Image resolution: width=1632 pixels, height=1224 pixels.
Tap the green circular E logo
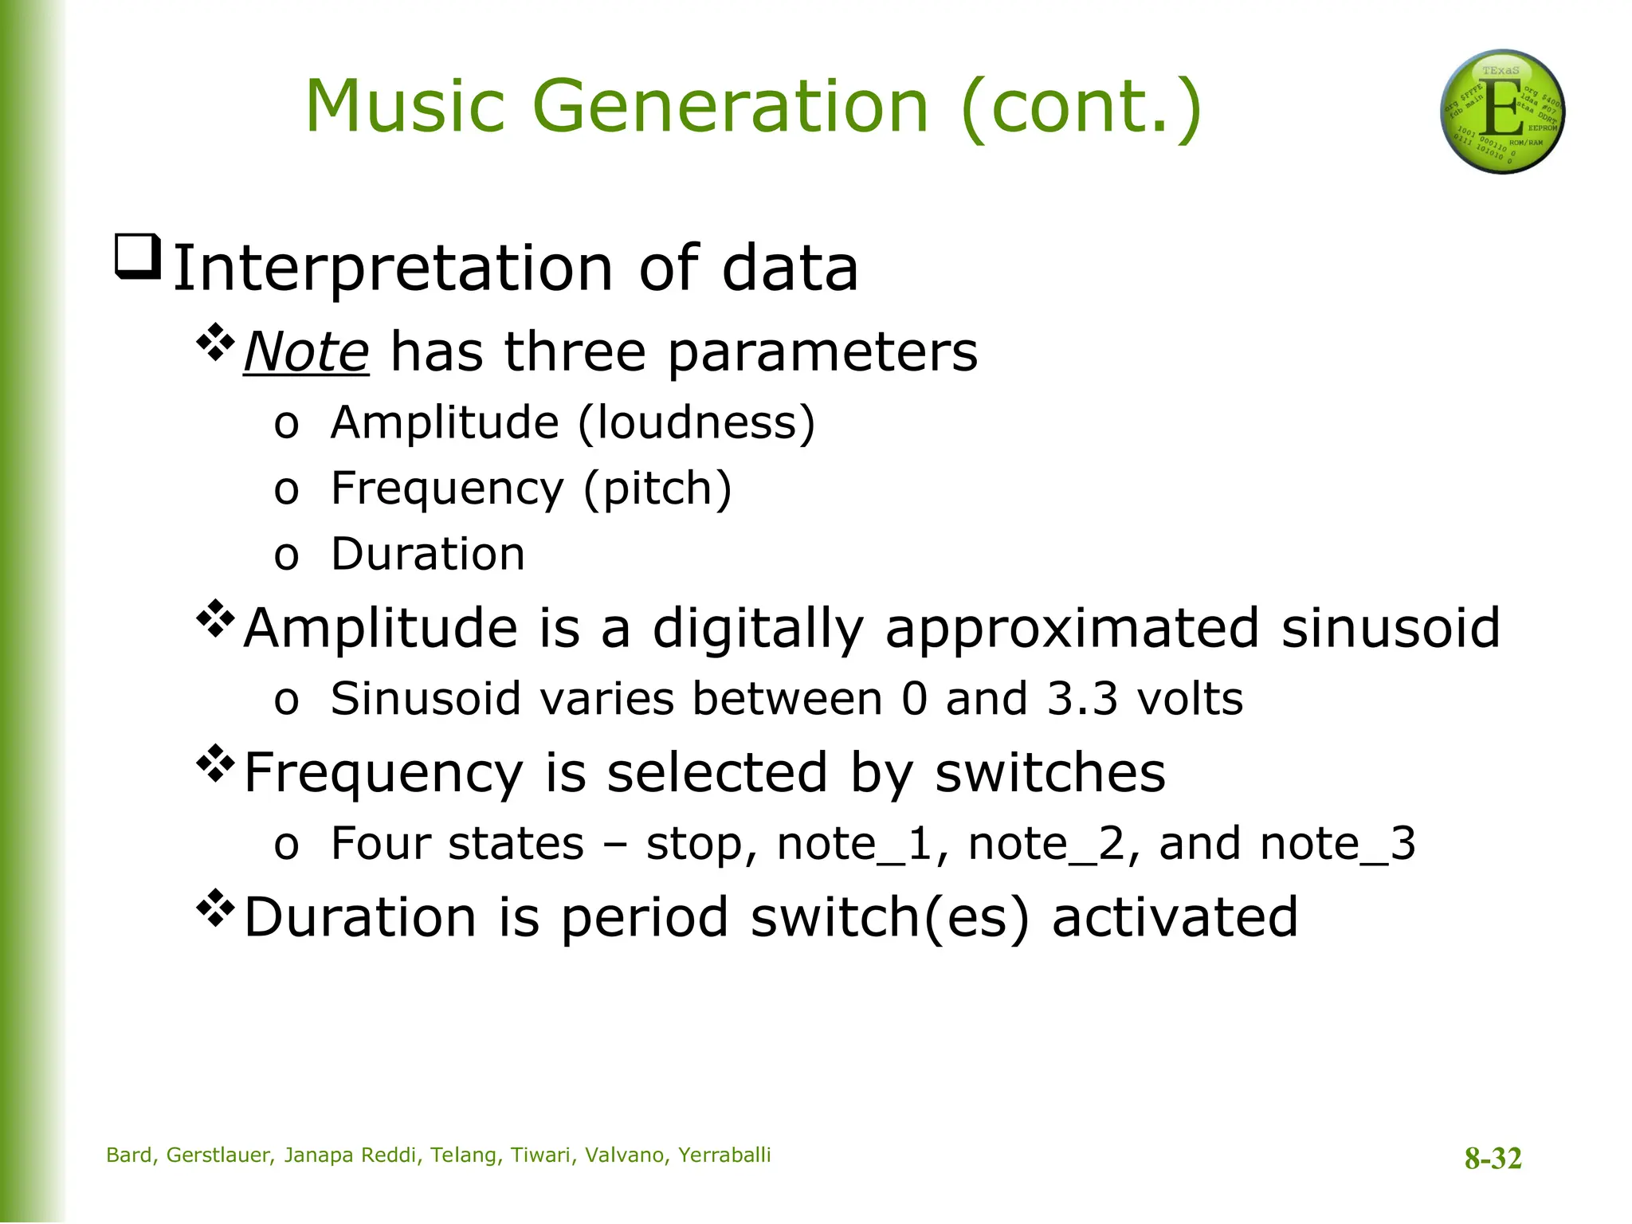pyautogui.click(x=1502, y=112)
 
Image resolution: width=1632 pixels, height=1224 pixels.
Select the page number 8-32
pyautogui.click(x=1493, y=1158)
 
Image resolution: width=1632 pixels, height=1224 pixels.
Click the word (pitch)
pyautogui.click(x=657, y=488)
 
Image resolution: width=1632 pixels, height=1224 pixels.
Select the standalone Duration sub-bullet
pyautogui.click(x=428, y=554)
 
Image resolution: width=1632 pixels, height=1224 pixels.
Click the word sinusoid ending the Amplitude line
pyautogui.click(x=1391, y=628)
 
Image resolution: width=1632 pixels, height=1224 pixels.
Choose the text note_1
pyautogui.click(x=855, y=844)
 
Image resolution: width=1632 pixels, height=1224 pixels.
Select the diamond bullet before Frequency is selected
pyautogui.click(x=215, y=764)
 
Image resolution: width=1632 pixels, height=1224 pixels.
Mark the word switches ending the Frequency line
pyautogui.click(x=1049, y=772)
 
